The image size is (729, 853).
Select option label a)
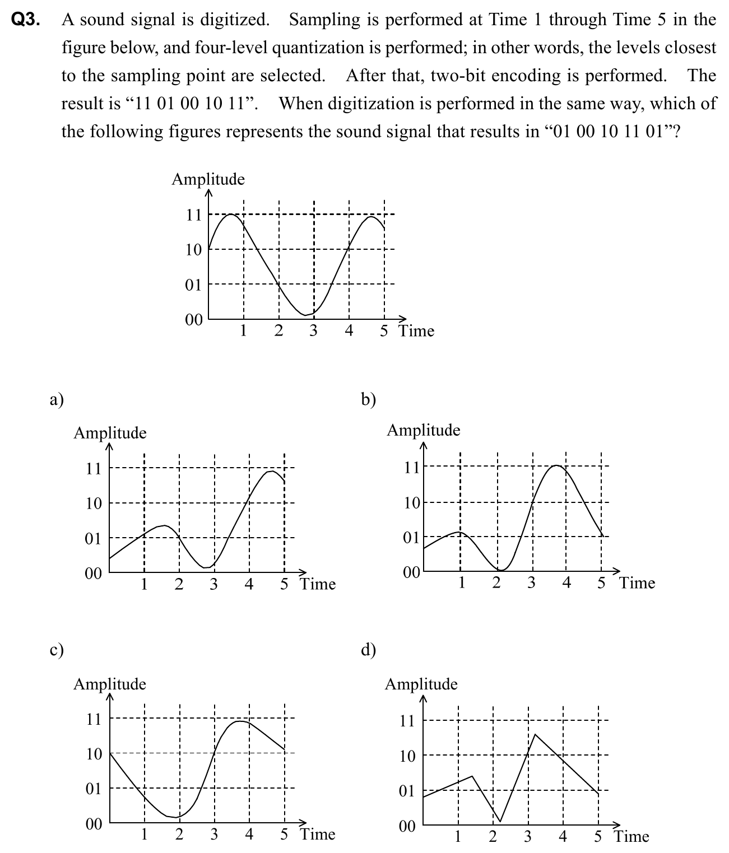click(x=57, y=399)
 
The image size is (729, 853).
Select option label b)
click(x=369, y=399)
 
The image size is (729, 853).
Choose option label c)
click(x=57, y=650)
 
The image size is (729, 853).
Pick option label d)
click(x=369, y=650)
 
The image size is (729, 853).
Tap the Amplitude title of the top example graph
click(x=208, y=179)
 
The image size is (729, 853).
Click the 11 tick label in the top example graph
click(x=193, y=215)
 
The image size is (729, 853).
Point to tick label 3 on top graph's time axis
click(x=313, y=331)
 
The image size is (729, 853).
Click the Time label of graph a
click(x=318, y=584)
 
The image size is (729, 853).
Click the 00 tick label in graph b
click(x=411, y=572)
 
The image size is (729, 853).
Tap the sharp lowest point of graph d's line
click(x=500, y=822)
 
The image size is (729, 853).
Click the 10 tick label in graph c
click(x=94, y=754)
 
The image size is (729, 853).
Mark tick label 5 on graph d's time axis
click(x=598, y=837)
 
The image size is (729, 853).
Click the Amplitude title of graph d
click(x=421, y=684)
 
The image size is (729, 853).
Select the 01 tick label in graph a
click(x=94, y=539)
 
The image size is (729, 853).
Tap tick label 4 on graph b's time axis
click(x=567, y=583)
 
